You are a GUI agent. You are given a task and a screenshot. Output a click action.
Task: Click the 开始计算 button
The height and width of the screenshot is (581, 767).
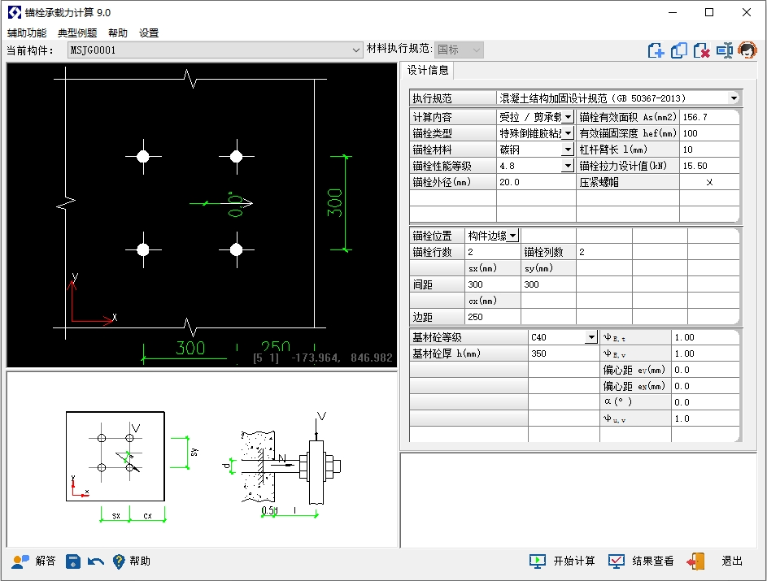click(x=562, y=561)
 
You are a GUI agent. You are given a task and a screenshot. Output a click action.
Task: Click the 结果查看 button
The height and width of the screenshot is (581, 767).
click(x=641, y=561)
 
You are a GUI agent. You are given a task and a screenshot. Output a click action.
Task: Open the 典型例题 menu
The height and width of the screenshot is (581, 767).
click(x=77, y=33)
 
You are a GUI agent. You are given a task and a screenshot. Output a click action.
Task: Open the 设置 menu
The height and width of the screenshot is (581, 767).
click(x=149, y=33)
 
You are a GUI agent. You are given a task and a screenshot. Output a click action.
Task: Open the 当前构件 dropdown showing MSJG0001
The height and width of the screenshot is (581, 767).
click(x=216, y=50)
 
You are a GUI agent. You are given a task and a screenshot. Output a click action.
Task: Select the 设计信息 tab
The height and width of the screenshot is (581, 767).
click(x=428, y=71)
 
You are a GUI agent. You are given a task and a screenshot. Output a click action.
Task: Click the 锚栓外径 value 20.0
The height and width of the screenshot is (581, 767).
click(x=536, y=182)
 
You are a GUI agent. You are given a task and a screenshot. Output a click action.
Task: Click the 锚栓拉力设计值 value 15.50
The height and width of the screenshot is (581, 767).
click(x=709, y=166)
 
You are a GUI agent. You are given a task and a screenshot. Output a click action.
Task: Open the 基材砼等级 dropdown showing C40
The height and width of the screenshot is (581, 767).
click(x=564, y=337)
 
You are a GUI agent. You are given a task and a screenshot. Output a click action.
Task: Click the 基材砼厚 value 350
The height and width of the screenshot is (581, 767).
click(x=564, y=353)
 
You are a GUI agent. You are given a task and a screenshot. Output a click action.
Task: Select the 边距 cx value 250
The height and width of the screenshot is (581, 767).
click(x=492, y=317)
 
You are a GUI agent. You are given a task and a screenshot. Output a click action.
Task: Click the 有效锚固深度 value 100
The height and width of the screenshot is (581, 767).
click(x=709, y=133)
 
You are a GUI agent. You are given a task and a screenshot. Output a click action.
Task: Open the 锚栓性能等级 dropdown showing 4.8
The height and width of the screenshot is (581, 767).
click(x=536, y=166)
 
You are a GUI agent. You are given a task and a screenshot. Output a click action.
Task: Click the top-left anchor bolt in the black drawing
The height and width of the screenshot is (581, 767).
click(x=143, y=156)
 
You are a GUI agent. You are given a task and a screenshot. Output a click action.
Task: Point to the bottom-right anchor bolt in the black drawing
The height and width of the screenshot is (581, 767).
click(x=236, y=249)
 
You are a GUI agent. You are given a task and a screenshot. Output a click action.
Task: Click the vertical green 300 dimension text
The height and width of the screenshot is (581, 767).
click(x=334, y=203)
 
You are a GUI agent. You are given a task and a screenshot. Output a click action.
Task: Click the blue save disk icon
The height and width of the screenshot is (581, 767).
click(x=73, y=561)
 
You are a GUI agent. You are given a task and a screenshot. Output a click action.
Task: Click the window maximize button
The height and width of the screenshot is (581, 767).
click(x=709, y=12)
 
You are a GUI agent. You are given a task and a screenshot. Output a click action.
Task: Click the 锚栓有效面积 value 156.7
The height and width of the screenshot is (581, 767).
click(x=709, y=117)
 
